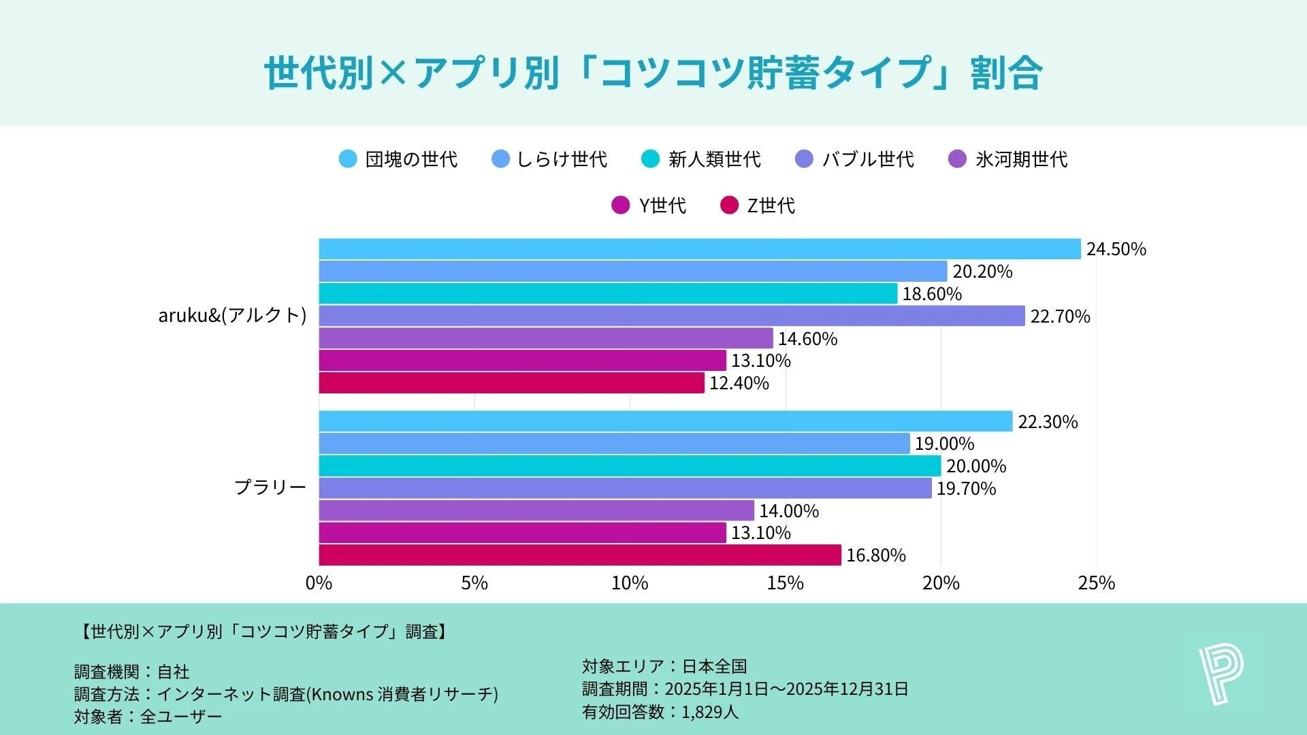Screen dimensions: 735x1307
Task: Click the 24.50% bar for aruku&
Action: (699, 249)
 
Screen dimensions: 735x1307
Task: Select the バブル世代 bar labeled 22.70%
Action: (671, 316)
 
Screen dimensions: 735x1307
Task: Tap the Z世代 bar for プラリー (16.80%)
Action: (579, 555)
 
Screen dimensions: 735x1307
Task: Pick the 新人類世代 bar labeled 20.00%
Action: (630, 466)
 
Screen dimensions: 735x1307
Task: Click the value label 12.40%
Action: (739, 383)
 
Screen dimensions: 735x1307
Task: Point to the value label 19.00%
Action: (944, 444)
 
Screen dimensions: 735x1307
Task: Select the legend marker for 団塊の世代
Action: (348, 159)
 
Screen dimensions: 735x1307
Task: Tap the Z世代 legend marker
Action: (729, 206)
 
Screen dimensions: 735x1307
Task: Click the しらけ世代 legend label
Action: (562, 159)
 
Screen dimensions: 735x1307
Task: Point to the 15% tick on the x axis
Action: (785, 583)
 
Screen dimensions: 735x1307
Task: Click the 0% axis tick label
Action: (319, 583)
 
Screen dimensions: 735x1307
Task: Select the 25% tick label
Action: (1096, 583)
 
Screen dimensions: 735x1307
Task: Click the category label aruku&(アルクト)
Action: (232, 316)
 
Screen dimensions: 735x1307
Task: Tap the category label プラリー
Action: (270, 487)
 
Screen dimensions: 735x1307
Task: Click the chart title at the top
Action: (653, 72)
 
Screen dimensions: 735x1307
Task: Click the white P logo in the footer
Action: (1221, 674)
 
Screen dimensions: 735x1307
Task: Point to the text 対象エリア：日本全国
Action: (664, 666)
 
